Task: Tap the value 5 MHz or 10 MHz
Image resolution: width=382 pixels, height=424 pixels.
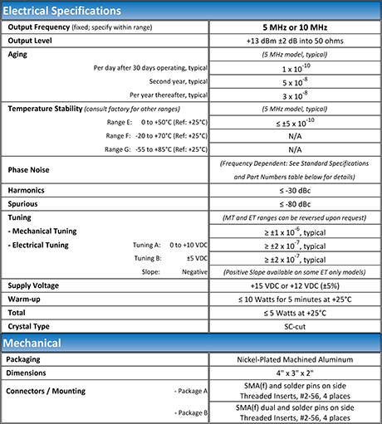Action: pos(294,27)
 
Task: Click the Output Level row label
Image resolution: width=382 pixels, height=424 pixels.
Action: pos(33,41)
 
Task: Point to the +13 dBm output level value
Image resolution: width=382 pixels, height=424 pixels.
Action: pos(294,41)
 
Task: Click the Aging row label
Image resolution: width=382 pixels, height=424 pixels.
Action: pos(18,54)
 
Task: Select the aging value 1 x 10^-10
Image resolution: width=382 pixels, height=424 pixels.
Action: pos(294,68)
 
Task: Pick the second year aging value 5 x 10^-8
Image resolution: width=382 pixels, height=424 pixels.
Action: pos(294,81)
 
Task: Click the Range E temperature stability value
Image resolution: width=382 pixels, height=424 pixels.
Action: pos(294,122)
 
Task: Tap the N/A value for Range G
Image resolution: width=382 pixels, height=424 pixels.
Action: pos(294,149)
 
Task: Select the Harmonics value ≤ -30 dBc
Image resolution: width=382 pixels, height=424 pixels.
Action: pos(294,190)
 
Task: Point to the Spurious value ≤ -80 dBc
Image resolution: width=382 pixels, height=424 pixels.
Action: pos(294,203)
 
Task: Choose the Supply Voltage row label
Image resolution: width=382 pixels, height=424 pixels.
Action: pos(38,285)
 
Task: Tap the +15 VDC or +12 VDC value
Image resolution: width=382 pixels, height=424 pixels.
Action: pos(294,285)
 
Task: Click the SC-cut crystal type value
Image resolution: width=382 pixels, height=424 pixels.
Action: pos(294,325)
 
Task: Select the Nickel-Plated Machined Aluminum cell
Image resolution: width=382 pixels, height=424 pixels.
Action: pos(294,360)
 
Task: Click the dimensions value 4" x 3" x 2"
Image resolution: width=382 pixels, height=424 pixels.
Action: pos(294,373)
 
